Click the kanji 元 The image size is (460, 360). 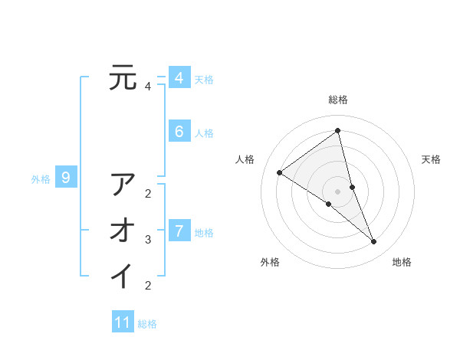click(123, 77)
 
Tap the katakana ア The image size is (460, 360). click(123, 185)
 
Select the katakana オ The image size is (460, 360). click(123, 230)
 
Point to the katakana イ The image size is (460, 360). click(123, 275)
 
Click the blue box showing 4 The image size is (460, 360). click(179, 78)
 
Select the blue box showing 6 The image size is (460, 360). click(179, 132)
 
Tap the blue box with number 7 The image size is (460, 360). click(179, 231)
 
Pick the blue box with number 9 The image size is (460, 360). click(66, 178)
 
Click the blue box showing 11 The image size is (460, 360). click(123, 322)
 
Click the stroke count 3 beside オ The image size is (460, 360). click(148, 240)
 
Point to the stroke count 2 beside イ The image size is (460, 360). click(148, 286)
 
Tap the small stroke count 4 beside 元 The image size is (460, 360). click(148, 87)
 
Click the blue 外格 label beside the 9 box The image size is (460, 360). click(41, 179)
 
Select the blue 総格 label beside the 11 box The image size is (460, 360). click(147, 324)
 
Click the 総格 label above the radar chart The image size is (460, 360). click(338, 100)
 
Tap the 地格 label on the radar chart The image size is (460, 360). click(402, 262)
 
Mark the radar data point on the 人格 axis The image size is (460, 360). click(280, 172)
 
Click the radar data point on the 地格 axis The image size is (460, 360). click(374, 242)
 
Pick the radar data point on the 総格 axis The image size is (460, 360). click(338, 130)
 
